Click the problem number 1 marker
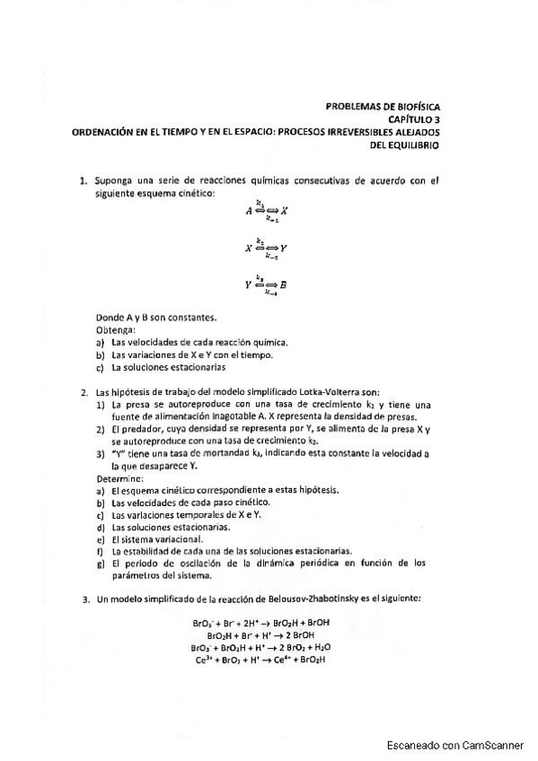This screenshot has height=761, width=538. [84, 179]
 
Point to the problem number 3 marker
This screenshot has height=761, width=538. [84, 598]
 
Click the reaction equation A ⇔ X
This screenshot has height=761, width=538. [266, 210]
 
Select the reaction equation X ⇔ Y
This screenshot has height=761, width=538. [266, 248]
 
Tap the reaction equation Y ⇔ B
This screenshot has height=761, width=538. [266, 285]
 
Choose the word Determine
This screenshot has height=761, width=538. [119, 479]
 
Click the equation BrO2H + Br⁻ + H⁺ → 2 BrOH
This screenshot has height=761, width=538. [259, 634]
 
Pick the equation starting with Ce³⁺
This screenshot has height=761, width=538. [260, 660]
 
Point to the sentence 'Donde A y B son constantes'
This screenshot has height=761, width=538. [156, 318]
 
